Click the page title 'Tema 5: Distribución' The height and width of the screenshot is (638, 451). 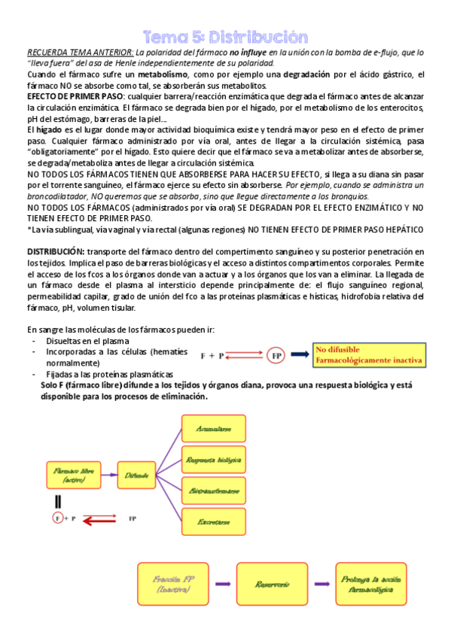[x=226, y=38]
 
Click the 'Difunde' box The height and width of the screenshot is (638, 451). [x=137, y=475]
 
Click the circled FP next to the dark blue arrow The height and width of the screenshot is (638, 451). [x=276, y=354]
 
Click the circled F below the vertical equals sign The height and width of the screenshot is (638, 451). [x=57, y=518]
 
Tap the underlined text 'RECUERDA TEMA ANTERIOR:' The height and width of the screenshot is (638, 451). [x=80, y=53]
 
